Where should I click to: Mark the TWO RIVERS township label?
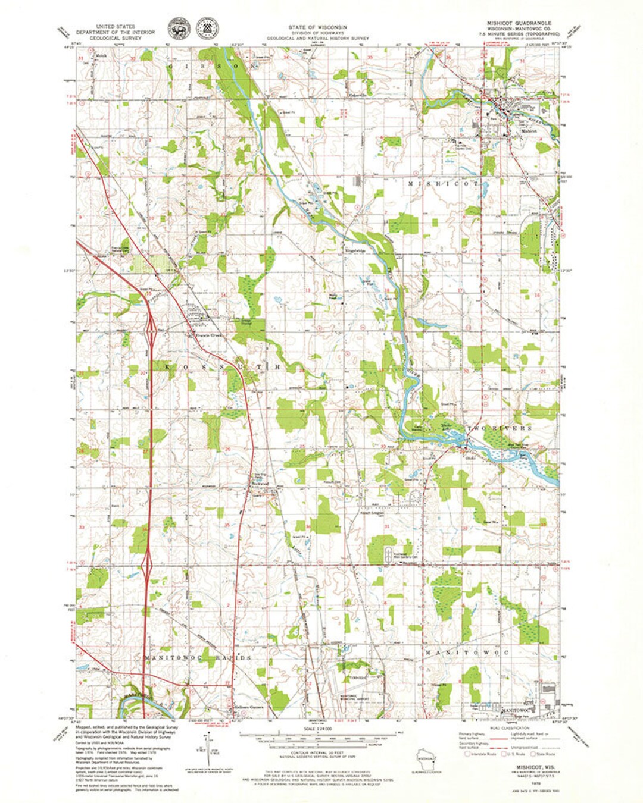[x=499, y=428]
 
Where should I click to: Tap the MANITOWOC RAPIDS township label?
[x=197, y=658]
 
